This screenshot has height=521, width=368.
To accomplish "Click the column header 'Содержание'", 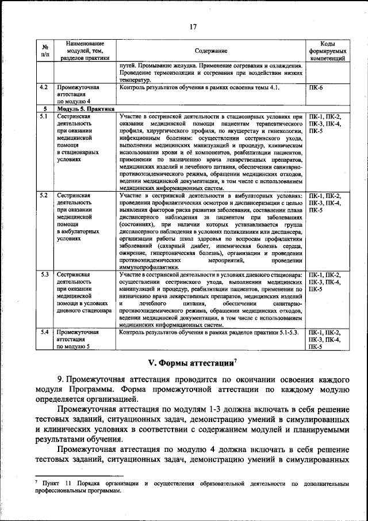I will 210,51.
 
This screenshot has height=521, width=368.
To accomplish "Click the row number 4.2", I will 43,87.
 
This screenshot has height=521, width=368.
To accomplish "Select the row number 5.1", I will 43,116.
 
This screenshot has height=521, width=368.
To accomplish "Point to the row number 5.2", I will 43,195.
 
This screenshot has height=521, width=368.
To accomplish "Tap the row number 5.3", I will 43,275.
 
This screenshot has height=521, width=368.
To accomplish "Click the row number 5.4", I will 43,332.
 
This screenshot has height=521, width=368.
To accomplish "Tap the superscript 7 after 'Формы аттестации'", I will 236,360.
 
